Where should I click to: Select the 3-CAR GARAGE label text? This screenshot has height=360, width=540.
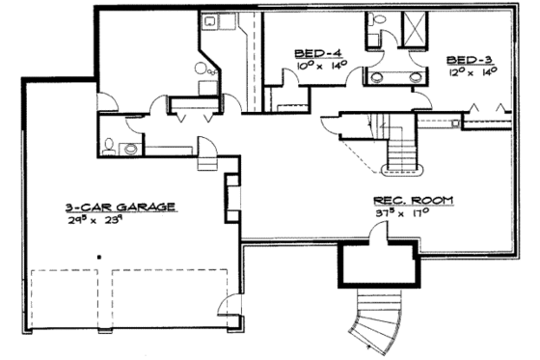pos(120,207)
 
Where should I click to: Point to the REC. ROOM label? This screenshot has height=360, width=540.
pos(415,201)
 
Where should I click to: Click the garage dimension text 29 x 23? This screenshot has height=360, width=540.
pos(118,220)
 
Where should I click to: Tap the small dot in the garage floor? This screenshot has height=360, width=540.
pos(97,257)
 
